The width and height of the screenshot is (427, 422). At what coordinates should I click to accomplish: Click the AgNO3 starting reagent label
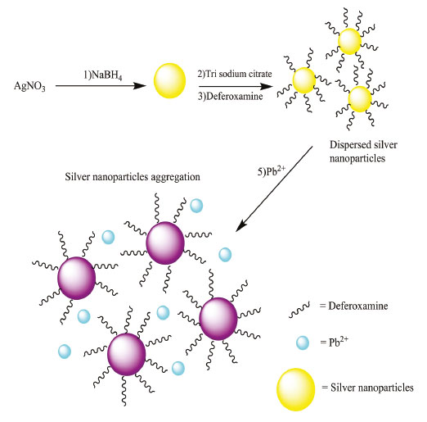(x=29, y=86)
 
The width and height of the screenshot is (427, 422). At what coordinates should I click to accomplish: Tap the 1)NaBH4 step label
(x=103, y=75)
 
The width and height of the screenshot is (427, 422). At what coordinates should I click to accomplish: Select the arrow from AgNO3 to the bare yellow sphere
(x=101, y=86)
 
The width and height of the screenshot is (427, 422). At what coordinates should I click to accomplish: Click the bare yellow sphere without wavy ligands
(x=169, y=80)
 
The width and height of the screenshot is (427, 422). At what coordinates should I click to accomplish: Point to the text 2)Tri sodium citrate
(x=235, y=74)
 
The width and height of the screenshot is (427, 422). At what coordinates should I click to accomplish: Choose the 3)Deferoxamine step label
(x=231, y=96)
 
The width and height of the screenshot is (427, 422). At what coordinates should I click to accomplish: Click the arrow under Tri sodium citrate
(x=236, y=87)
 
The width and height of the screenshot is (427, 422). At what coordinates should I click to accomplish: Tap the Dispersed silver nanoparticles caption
(x=363, y=152)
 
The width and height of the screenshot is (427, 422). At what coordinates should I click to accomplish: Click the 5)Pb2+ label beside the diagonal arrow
(x=272, y=170)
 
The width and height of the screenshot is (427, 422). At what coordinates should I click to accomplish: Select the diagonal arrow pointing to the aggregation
(x=274, y=188)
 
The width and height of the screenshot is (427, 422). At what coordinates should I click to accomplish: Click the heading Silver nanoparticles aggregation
(x=133, y=177)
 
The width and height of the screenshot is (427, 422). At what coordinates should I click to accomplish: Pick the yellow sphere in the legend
(x=296, y=389)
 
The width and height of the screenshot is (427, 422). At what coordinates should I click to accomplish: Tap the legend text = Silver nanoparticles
(x=367, y=388)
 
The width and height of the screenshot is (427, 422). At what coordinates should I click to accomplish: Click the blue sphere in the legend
(x=303, y=343)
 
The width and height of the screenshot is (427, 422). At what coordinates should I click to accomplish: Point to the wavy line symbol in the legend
(x=299, y=310)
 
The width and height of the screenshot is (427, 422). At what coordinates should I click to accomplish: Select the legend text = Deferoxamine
(x=354, y=306)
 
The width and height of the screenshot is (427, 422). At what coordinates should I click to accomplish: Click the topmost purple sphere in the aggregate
(x=165, y=243)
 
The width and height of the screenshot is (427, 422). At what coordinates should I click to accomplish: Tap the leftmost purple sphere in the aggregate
(x=77, y=278)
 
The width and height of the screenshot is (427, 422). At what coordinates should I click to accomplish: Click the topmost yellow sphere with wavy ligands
(x=349, y=41)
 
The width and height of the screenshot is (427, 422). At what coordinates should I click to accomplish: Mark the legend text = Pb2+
(x=335, y=342)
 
